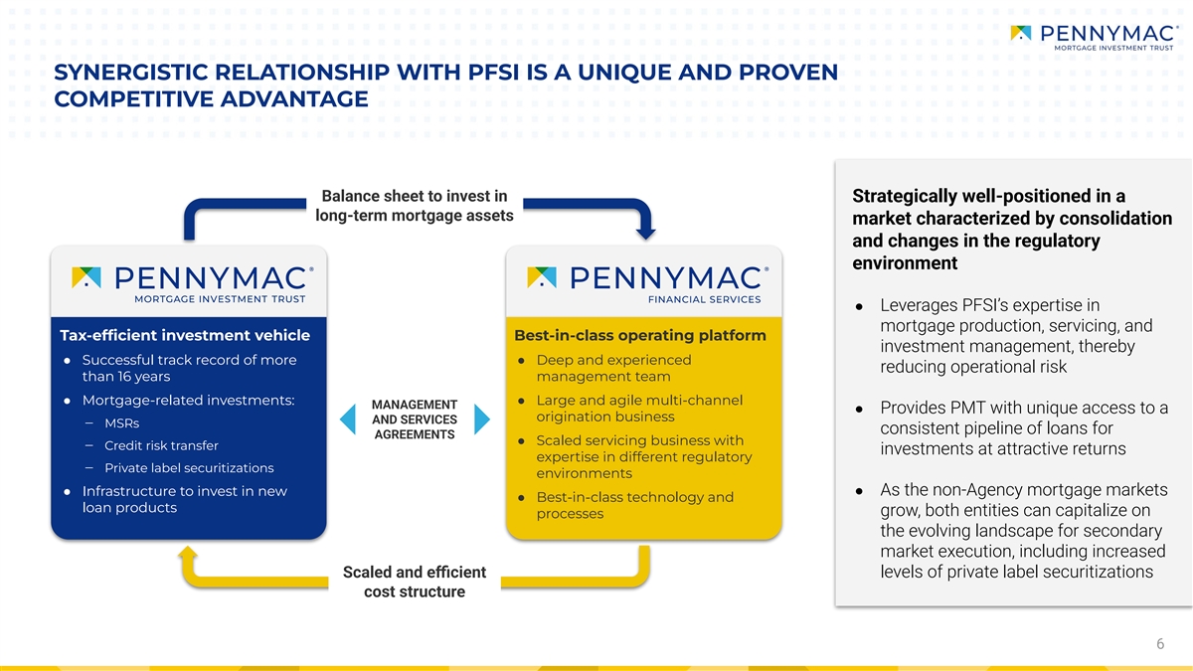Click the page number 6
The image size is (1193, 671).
pyautogui.click(x=1160, y=644)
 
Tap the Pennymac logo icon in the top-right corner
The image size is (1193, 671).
pyautogui.click(x=1021, y=33)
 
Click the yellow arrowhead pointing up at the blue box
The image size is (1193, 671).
pyautogui.click(x=188, y=554)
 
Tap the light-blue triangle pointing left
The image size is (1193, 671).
pyautogui.click(x=348, y=419)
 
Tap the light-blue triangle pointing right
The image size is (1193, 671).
pyautogui.click(x=481, y=419)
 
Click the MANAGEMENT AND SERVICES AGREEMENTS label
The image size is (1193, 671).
pyautogui.click(x=415, y=419)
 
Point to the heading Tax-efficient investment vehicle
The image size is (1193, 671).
pyautogui.click(x=185, y=336)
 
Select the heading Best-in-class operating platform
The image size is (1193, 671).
pyautogui.click(x=640, y=336)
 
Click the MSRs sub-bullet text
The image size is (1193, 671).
pyautogui.click(x=122, y=423)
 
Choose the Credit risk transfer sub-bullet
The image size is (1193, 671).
pyautogui.click(x=161, y=445)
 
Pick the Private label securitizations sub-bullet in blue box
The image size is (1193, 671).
pyautogui.click(x=189, y=468)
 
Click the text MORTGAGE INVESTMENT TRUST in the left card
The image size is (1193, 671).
pyautogui.click(x=220, y=299)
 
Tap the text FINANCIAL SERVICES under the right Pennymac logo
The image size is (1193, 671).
pyautogui.click(x=705, y=300)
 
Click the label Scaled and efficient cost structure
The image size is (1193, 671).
pyautogui.click(x=415, y=582)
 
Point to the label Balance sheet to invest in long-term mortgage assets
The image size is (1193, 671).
pyautogui.click(x=415, y=206)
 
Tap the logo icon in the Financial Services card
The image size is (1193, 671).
pyautogui.click(x=542, y=277)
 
